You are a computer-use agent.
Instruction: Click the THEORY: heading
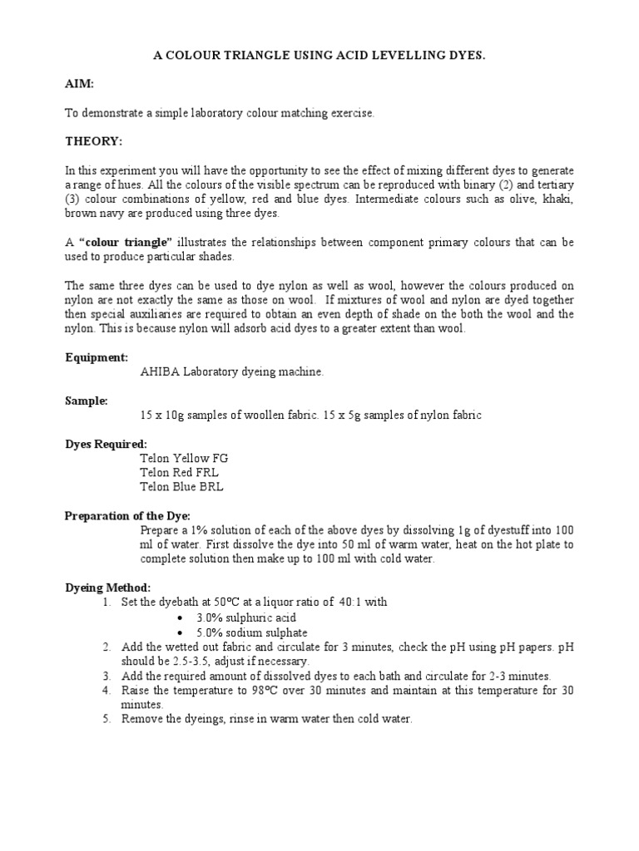(x=93, y=141)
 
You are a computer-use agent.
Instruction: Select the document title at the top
(x=319, y=55)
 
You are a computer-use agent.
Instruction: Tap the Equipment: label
(x=97, y=357)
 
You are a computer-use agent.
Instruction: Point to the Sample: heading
(x=87, y=401)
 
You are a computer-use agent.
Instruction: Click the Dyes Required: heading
(x=106, y=444)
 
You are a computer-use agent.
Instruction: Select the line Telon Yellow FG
(x=183, y=458)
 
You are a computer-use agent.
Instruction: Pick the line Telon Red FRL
(x=179, y=472)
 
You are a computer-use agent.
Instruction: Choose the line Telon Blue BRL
(x=181, y=487)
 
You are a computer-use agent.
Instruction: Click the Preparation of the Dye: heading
(x=127, y=515)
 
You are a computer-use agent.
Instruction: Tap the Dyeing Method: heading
(x=108, y=588)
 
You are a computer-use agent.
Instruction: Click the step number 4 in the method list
(x=106, y=691)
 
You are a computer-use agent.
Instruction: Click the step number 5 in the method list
(x=106, y=720)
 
